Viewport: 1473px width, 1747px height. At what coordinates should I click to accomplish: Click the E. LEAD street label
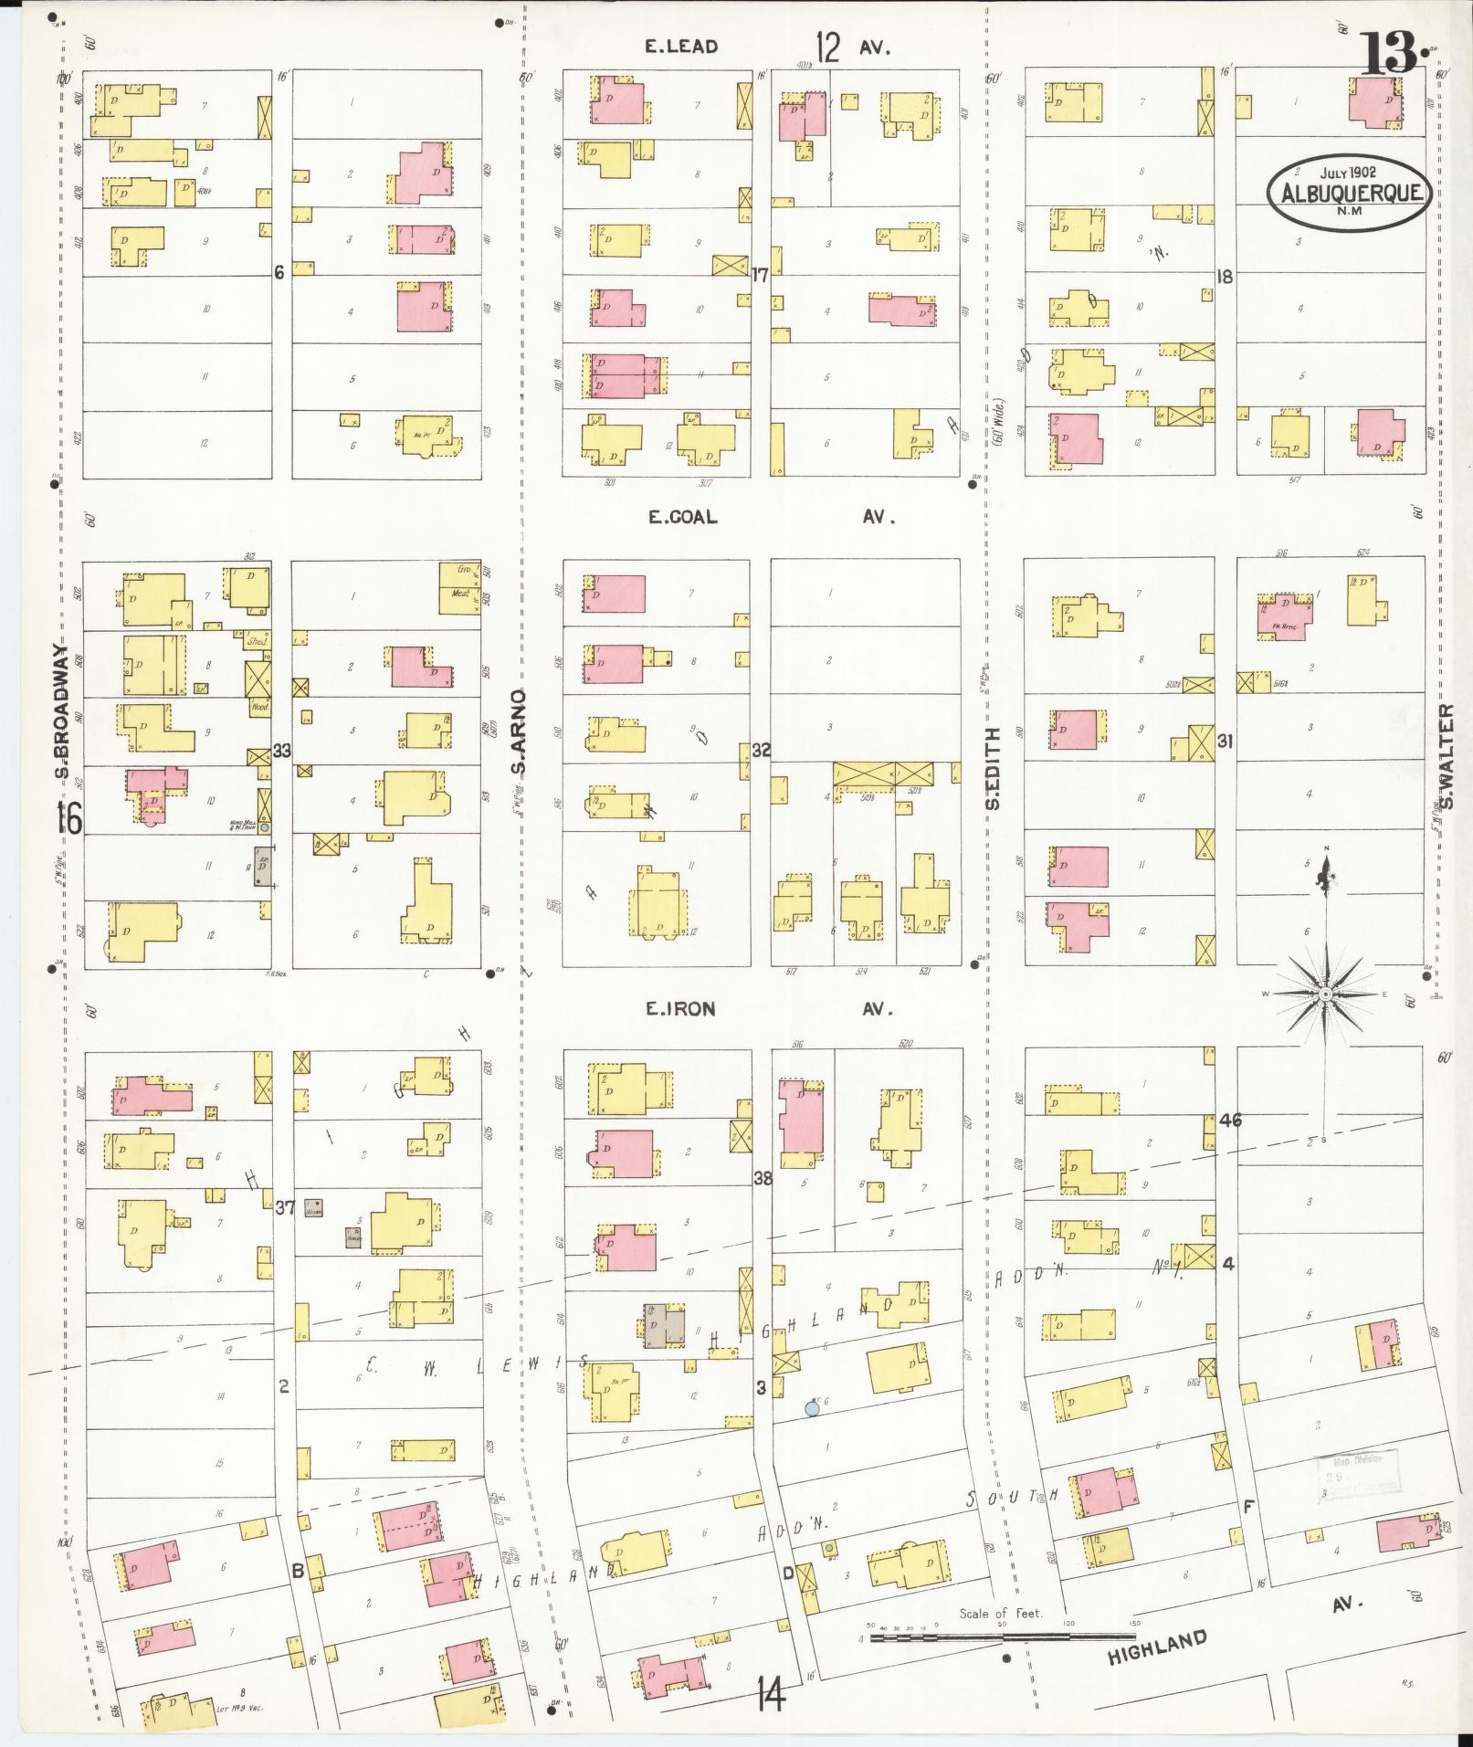681,47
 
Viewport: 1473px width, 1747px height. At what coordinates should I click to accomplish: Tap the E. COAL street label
682,517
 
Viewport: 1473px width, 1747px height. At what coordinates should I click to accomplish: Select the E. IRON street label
680,1009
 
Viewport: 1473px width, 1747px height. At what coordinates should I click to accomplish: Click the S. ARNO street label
518,731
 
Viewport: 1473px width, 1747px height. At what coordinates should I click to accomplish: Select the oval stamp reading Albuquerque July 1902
1348,187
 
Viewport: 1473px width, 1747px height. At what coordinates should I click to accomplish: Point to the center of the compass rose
1326,993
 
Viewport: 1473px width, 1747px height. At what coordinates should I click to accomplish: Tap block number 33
281,751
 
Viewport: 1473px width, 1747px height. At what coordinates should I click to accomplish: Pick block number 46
1230,1121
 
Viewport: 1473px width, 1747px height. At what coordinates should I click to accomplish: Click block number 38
763,1178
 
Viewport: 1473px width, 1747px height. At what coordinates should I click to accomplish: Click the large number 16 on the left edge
68,818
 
